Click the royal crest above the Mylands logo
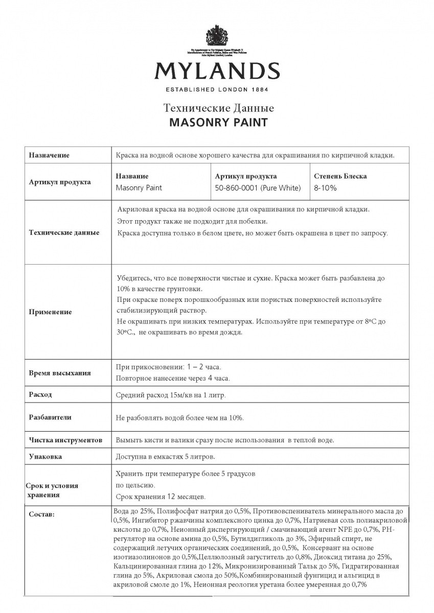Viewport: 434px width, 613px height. click(x=217, y=36)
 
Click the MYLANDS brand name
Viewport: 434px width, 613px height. click(x=217, y=71)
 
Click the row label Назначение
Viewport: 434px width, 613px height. click(x=49, y=155)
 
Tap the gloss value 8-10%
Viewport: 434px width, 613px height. click(x=325, y=187)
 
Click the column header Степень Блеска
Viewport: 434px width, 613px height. click(x=340, y=176)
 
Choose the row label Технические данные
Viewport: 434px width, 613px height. click(x=64, y=232)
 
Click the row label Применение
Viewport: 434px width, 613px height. click(x=50, y=312)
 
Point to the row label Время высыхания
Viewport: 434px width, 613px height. click(x=60, y=373)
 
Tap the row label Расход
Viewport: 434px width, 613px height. click(x=40, y=395)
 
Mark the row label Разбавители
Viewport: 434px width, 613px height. click(x=50, y=417)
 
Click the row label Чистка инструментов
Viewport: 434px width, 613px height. click(x=66, y=440)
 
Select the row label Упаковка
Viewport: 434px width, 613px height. click(x=45, y=457)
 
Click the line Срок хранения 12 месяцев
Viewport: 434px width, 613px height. click(x=161, y=496)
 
